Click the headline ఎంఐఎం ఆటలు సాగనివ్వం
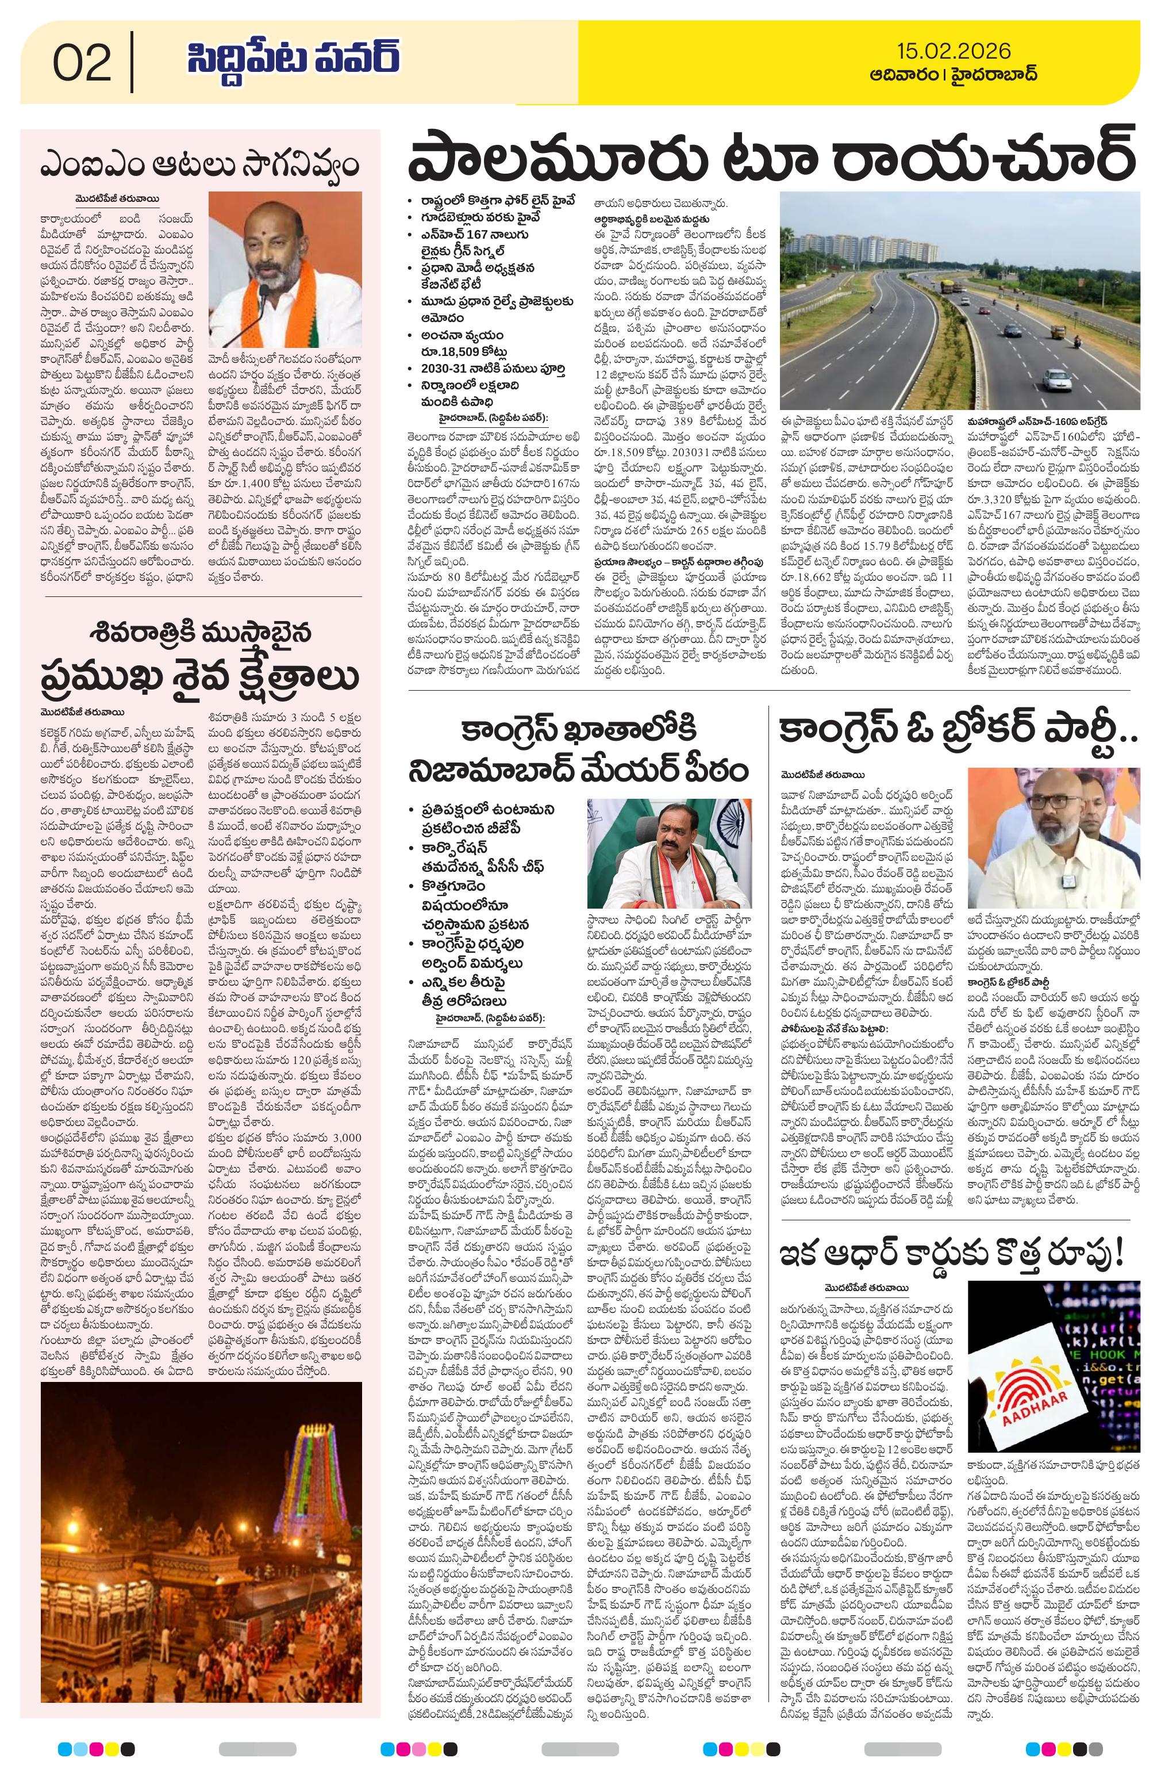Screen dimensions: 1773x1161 (199, 163)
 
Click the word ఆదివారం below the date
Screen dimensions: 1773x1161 (899, 75)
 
